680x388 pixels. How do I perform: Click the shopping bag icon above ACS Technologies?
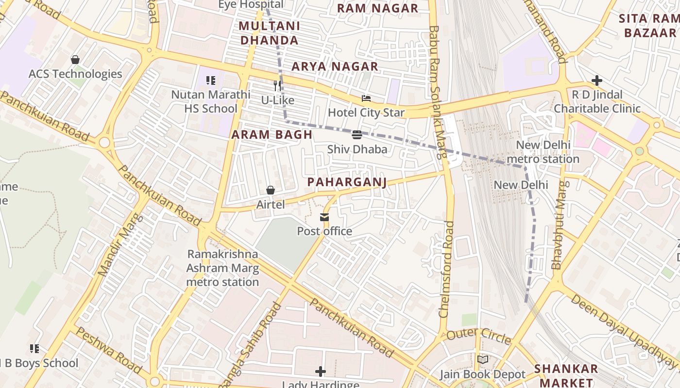point(75,60)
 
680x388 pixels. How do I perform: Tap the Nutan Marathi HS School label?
point(210,101)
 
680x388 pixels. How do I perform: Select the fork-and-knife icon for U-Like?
point(277,86)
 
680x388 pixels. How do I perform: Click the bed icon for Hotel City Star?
point(366,98)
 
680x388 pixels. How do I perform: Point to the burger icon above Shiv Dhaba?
point(357,134)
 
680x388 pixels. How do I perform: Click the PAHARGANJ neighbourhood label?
point(347,182)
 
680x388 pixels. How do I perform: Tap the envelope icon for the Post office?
point(324,217)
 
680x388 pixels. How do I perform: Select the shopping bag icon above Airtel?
point(271,190)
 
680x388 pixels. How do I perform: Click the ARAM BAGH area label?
point(272,135)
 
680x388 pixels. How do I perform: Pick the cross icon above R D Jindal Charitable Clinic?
point(597,81)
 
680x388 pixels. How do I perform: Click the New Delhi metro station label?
point(543,152)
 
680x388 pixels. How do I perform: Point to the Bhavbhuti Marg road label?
point(559,225)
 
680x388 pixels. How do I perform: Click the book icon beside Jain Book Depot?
point(482,359)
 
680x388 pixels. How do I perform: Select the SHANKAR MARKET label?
point(566,375)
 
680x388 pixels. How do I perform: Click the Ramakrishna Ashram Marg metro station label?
point(222,268)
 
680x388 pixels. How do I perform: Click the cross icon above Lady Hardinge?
point(320,372)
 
